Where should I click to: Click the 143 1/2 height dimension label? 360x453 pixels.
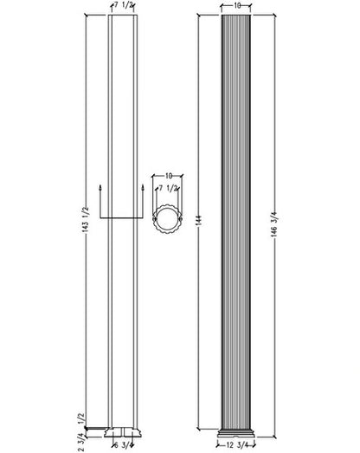[87, 220]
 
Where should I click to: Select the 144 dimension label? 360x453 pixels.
[200, 220]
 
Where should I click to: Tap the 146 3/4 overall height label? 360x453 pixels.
[274, 224]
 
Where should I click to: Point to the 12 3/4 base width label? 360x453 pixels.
[236, 445]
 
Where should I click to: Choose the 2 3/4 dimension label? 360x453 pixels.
[81, 442]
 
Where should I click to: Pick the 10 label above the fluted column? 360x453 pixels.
[236, 6]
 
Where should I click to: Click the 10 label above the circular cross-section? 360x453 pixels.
[168, 176]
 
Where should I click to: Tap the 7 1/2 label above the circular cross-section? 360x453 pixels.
[168, 189]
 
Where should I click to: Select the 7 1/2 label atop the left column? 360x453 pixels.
[123, 6]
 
